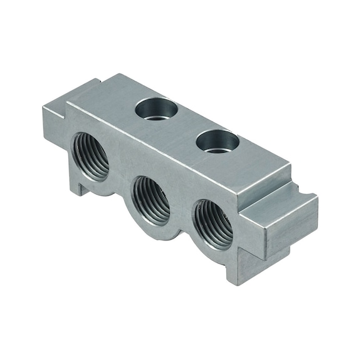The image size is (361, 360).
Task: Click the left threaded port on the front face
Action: pyautogui.click(x=92, y=155)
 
